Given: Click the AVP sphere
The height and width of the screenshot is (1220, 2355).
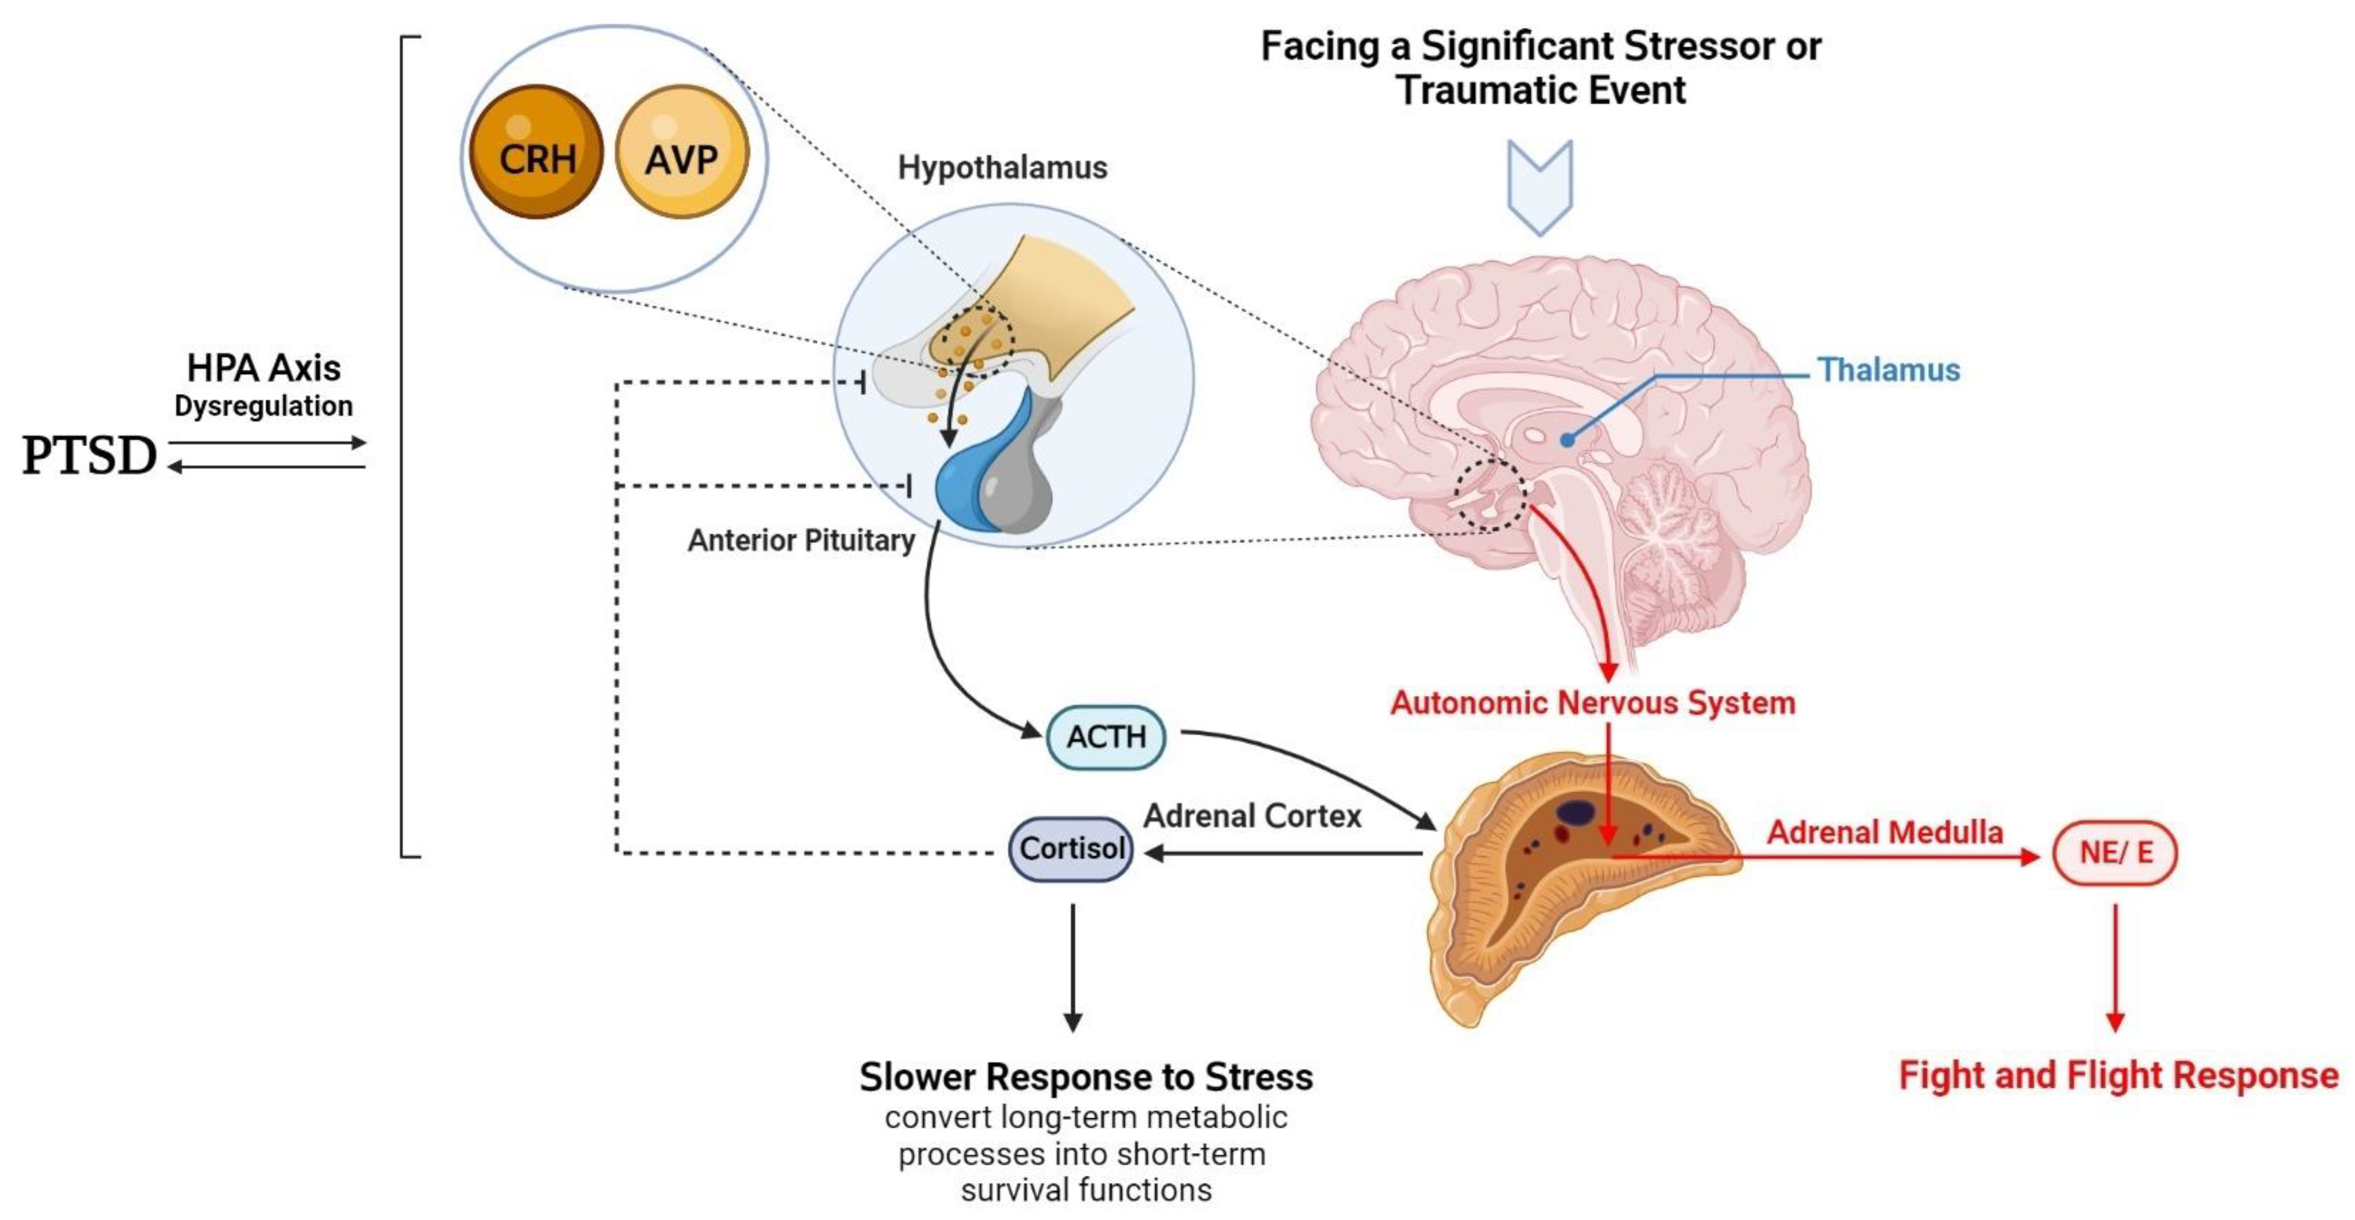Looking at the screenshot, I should (x=682, y=152).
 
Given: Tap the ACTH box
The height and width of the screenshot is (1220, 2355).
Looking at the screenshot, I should (x=1105, y=736).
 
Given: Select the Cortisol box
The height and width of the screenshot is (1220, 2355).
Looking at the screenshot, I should (x=1071, y=849).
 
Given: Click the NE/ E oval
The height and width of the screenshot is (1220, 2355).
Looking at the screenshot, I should (x=2115, y=853).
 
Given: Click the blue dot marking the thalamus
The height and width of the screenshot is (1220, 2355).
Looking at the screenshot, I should (x=1567, y=439).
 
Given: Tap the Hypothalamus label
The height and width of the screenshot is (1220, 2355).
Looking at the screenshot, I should (x=1002, y=168).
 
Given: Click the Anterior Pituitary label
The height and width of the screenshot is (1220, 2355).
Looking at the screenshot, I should (x=801, y=540).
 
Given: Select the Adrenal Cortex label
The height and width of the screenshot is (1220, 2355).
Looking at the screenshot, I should (x=1252, y=815).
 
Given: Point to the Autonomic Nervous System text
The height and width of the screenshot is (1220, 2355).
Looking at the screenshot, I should (x=1592, y=703).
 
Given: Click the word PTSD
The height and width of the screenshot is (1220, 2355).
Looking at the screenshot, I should (x=90, y=455).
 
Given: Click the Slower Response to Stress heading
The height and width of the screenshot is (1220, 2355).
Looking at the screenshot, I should (x=1085, y=1077).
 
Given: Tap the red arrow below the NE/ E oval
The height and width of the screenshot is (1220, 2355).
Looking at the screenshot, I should (x=2115, y=969).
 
